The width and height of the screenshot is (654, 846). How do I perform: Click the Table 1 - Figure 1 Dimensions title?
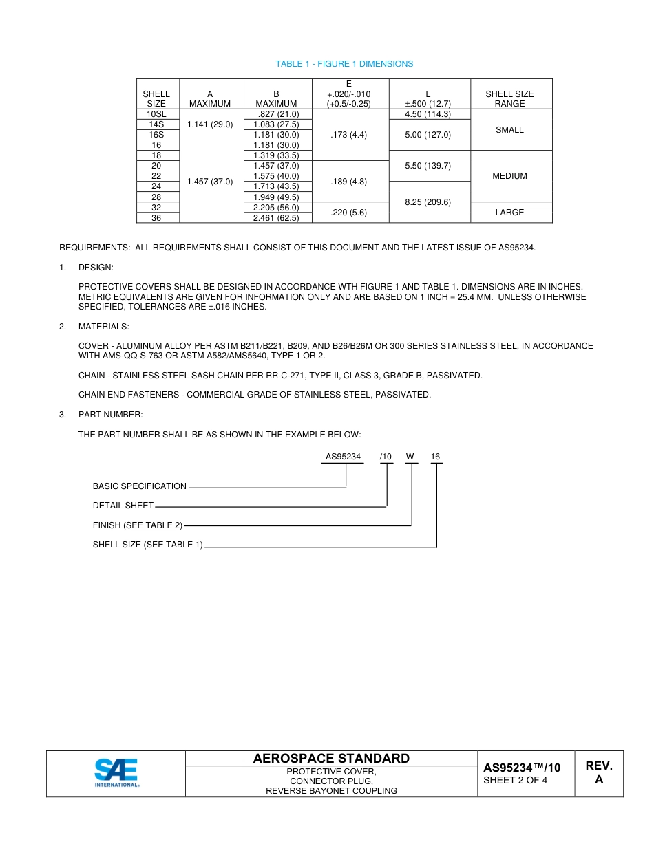click(344, 64)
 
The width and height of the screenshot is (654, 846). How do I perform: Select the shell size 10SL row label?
click(156, 114)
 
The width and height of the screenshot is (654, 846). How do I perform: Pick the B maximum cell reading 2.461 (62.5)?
click(276, 218)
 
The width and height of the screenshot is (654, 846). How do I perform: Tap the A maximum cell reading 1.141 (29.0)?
click(210, 124)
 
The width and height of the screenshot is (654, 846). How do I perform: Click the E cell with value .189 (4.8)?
click(349, 182)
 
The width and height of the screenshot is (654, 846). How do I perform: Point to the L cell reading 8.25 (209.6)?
click(428, 202)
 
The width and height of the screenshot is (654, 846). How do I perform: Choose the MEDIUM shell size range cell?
click(509, 176)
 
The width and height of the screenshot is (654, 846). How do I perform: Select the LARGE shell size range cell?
click(509, 213)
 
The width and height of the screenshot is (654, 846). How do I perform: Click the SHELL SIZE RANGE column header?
click(509, 99)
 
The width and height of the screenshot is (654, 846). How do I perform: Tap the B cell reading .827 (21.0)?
click(276, 114)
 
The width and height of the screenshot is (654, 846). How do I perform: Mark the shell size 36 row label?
click(156, 218)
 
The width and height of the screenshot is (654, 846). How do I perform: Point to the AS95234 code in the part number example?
click(343, 457)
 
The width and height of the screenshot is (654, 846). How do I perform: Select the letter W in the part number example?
click(410, 457)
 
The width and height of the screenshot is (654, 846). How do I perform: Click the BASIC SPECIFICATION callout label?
click(140, 486)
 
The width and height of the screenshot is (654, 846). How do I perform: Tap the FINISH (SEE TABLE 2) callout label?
click(138, 525)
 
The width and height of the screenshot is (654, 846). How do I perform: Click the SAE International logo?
click(116, 773)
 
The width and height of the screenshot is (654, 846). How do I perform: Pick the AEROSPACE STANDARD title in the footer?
click(331, 759)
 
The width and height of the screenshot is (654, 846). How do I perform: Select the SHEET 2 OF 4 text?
click(516, 781)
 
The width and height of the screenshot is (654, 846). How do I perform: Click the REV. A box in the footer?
click(599, 773)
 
